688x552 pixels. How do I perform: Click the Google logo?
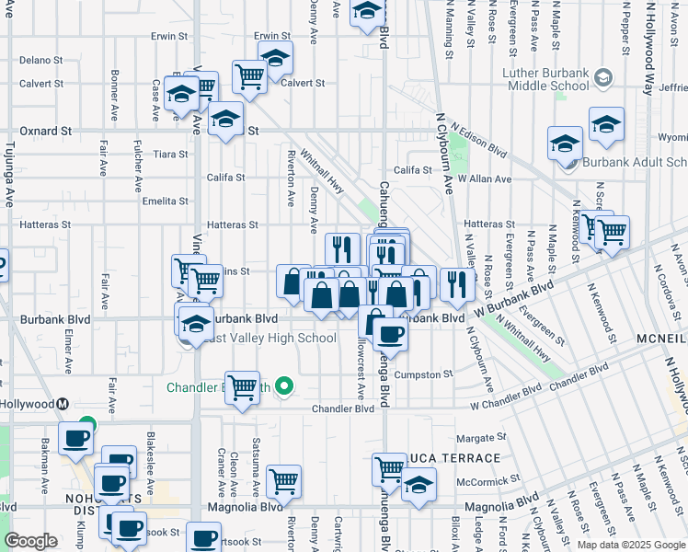coord(31,541)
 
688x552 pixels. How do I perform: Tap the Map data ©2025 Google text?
coord(630,545)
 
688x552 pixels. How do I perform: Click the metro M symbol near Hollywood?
coord(63,404)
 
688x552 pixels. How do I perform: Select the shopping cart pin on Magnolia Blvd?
coord(283,481)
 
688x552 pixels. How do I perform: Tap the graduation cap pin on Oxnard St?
coord(224,120)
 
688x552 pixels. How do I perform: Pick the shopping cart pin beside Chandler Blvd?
coord(242,386)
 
